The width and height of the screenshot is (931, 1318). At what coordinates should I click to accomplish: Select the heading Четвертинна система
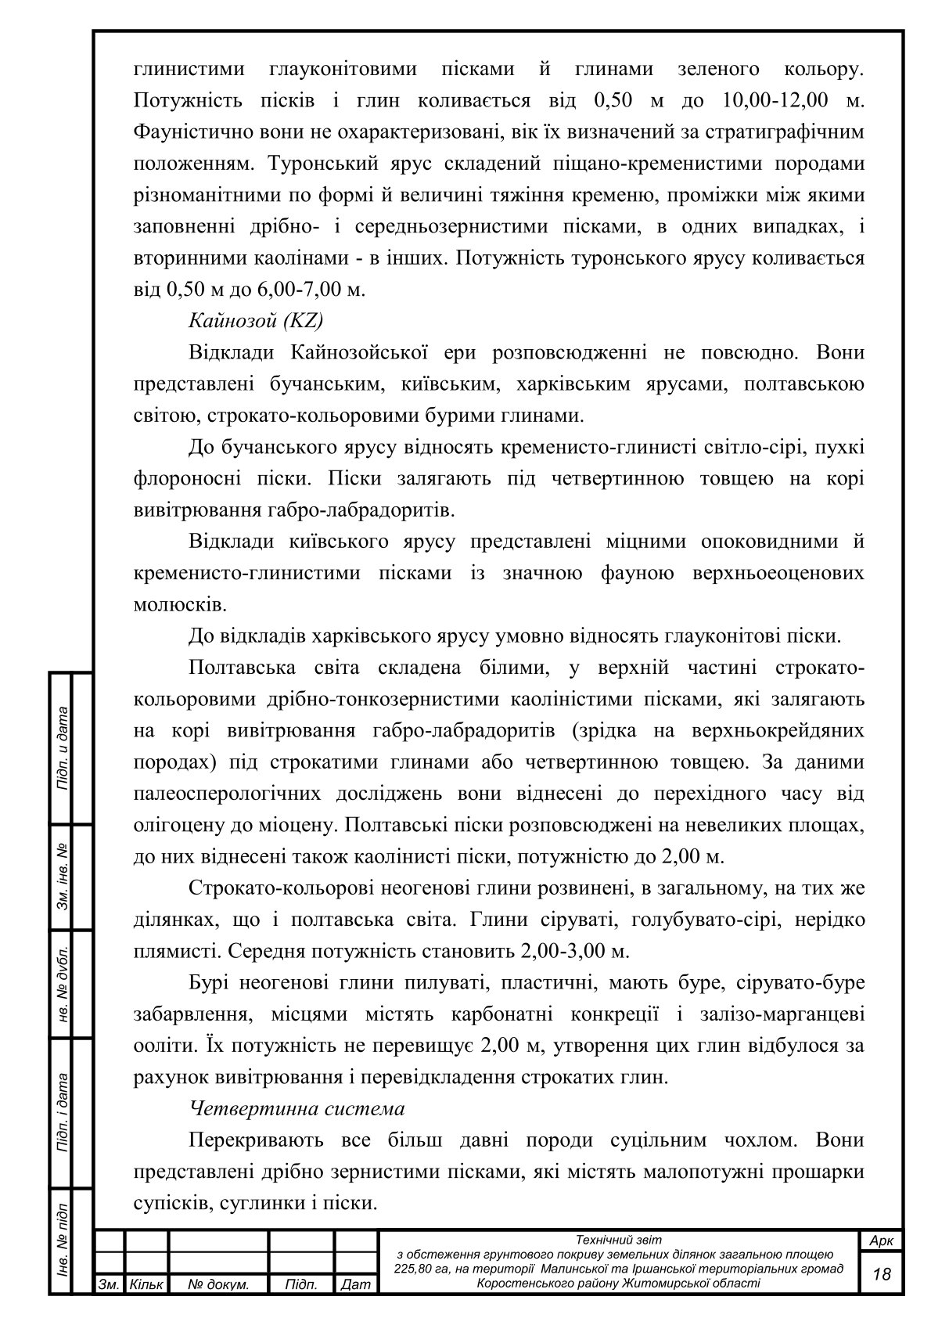point(297,1109)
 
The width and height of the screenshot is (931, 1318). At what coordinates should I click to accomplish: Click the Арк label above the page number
point(882,1241)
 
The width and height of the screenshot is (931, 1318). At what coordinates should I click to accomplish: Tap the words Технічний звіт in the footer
point(618,1240)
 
